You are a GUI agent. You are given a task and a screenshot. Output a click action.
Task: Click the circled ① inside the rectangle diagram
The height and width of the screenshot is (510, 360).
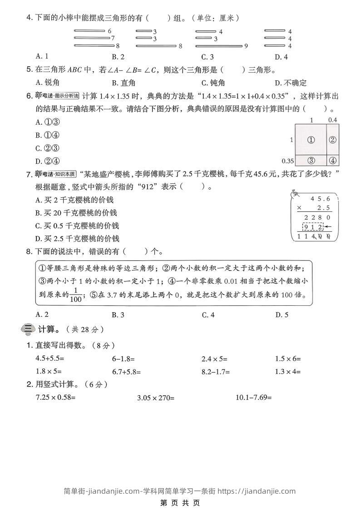click(x=311, y=140)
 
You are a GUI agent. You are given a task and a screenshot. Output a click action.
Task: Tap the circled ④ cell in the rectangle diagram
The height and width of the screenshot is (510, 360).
click(x=333, y=160)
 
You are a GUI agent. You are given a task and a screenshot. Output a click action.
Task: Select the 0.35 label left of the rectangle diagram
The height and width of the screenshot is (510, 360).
click(x=287, y=161)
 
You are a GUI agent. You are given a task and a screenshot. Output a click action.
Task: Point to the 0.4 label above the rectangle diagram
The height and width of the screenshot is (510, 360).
click(x=333, y=120)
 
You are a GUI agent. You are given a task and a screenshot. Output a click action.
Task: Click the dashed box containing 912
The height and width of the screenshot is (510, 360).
click(x=314, y=227)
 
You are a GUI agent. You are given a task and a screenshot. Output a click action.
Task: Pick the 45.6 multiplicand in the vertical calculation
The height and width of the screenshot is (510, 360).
click(x=320, y=199)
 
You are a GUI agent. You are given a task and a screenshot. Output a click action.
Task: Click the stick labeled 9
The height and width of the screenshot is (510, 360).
click(x=218, y=46)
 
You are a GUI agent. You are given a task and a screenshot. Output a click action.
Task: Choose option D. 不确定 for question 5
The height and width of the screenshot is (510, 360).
click(x=291, y=83)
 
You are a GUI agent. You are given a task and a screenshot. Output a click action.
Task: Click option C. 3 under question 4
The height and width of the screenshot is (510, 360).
click(x=207, y=57)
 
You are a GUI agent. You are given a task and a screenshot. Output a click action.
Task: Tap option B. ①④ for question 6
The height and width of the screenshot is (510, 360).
click(x=48, y=135)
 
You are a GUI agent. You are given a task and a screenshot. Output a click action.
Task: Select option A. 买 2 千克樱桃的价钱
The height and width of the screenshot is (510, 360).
click(x=74, y=200)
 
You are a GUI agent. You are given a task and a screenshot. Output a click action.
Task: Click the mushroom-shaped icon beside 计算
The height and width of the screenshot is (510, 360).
click(x=27, y=329)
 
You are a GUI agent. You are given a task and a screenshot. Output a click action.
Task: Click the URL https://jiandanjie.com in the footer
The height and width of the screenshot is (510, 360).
click(x=256, y=490)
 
